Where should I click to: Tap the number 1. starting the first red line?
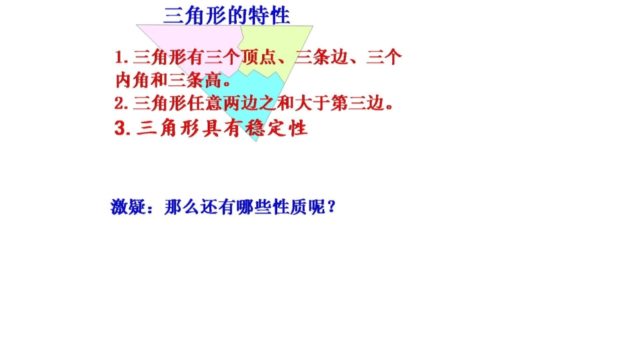coord(122,57)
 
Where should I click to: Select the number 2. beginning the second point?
coord(121,104)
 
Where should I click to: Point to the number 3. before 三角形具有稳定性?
coord(122,129)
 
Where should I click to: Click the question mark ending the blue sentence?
coord(330,207)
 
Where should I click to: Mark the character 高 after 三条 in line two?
coord(213,81)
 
